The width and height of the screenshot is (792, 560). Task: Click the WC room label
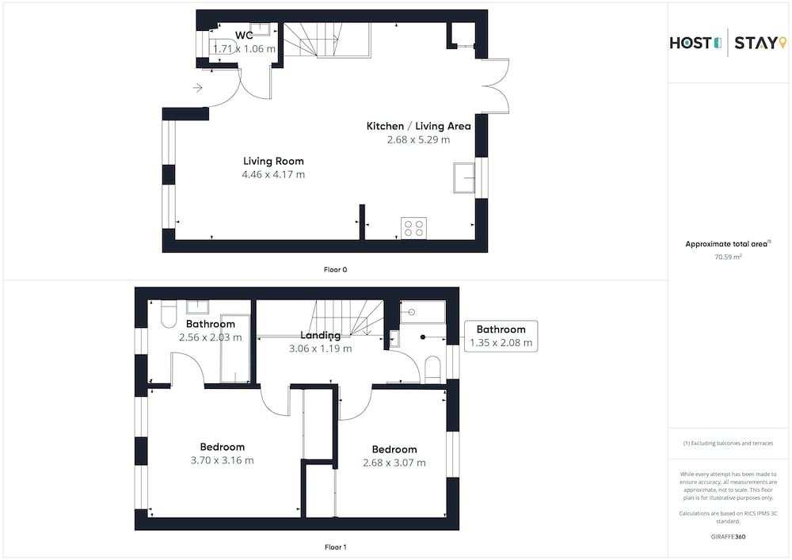tap(244, 36)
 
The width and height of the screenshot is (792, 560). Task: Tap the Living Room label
tap(273, 161)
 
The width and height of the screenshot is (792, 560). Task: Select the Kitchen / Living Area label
tap(419, 126)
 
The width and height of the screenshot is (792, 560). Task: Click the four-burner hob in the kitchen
tap(413, 228)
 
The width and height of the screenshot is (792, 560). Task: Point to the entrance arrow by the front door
tap(197, 88)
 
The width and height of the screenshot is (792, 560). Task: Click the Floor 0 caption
tap(335, 269)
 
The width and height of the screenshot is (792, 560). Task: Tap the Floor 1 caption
tap(335, 547)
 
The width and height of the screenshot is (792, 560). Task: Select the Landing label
tap(320, 335)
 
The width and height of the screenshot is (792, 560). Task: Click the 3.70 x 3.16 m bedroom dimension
tap(223, 460)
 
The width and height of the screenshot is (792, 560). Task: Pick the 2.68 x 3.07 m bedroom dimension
tap(394, 463)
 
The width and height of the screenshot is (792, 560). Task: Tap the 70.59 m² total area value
tap(728, 257)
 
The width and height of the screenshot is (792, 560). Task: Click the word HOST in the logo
tap(691, 44)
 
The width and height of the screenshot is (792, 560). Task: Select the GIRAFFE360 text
tap(728, 537)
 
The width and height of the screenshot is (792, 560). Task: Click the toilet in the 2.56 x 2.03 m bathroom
tap(169, 314)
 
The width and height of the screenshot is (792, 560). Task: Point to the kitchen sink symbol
tap(464, 177)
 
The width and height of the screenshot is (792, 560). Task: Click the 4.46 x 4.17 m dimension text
tap(273, 175)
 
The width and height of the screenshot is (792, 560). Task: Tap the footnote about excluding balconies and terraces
tap(728, 444)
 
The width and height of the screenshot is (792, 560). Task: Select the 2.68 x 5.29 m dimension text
tap(419, 140)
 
